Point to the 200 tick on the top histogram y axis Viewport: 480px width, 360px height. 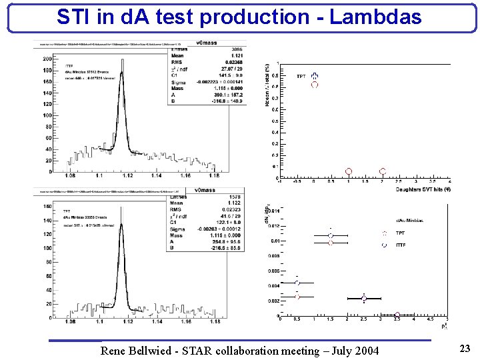(x=47, y=58)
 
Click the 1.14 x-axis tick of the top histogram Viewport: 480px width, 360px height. (x=156, y=177)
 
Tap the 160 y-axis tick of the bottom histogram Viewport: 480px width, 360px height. (x=47, y=207)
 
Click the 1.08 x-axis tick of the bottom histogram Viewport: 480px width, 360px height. (x=70, y=321)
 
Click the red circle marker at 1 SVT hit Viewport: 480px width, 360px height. (x=349, y=171)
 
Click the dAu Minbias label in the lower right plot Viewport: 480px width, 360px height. (x=409, y=220)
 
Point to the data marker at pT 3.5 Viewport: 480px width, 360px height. (x=397, y=315)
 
